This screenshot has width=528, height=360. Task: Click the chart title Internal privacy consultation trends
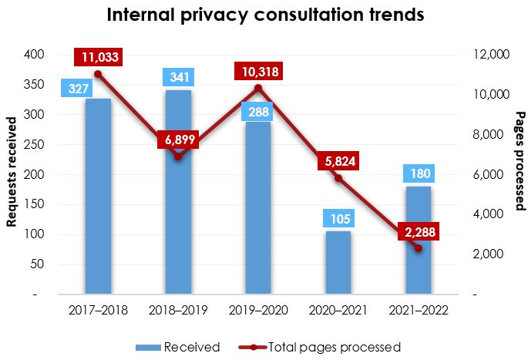pos(265,15)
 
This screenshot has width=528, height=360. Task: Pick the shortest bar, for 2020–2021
pos(337,262)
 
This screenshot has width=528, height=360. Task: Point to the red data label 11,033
pos(98,57)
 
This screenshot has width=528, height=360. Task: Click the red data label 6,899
pos(179,140)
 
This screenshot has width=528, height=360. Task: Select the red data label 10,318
pos(258,72)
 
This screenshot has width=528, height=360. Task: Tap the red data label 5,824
pos(338,162)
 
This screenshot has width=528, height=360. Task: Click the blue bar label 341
pos(178,77)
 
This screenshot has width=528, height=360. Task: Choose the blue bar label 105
pos(337,219)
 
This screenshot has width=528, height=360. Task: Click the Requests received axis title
pos(12,173)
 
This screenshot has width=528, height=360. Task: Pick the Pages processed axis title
pos(520,161)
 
